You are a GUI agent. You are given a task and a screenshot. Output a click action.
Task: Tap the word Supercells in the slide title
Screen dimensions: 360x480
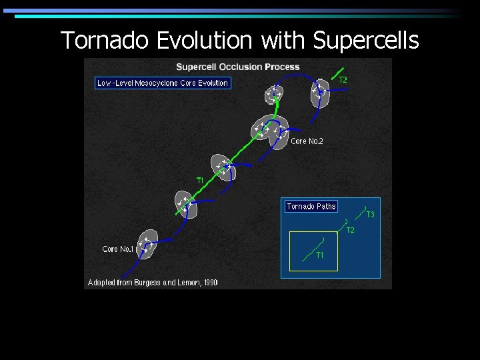pos(365,41)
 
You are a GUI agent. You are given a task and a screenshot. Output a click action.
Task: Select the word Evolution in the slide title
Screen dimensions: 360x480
pos(204,41)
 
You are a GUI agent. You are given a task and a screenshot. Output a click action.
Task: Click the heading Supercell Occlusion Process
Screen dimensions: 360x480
pos(237,67)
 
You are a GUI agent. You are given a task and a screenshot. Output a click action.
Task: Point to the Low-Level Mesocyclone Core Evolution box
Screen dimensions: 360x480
pos(163,83)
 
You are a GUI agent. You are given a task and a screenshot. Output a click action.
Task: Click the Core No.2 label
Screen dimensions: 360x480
pos(307,141)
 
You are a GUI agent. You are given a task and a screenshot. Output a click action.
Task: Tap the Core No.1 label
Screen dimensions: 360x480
pos(119,249)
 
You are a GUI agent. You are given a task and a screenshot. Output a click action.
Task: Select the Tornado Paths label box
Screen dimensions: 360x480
pos(311,207)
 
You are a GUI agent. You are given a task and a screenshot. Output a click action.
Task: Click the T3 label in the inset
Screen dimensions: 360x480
pos(370,215)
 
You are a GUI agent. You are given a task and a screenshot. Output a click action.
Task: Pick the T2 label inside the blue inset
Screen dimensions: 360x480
pos(350,230)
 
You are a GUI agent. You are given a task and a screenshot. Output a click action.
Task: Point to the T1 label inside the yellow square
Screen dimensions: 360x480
pos(320,255)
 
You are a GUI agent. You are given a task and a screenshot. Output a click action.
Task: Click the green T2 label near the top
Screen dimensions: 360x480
pos(343,80)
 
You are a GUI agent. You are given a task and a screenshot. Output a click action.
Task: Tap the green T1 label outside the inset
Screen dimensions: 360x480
pos(199,181)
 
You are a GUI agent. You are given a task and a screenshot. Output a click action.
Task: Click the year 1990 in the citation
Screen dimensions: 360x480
pos(209,283)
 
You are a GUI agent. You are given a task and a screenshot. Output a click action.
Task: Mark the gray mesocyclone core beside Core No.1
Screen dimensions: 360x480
pos(147,243)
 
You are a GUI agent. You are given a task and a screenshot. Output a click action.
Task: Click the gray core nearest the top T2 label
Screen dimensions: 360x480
pos(320,93)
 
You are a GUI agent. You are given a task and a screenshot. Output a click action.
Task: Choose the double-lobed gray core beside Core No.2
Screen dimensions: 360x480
pos(270,128)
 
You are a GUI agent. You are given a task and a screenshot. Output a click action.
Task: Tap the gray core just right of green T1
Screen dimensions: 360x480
pos(223,167)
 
